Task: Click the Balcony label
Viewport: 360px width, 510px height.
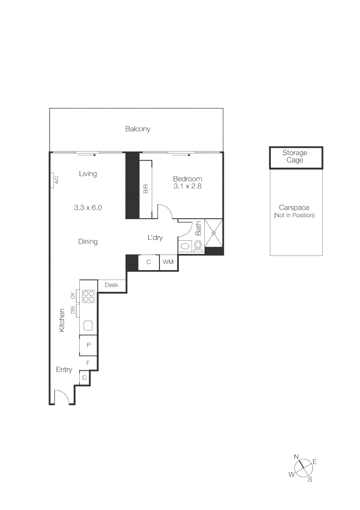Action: pyautogui.click(x=137, y=129)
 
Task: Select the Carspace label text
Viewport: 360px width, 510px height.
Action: pyautogui.click(x=294, y=208)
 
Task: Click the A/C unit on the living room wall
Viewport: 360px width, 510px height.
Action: pyautogui.click(x=52, y=180)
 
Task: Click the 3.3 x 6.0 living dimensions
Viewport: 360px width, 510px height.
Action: pyautogui.click(x=88, y=207)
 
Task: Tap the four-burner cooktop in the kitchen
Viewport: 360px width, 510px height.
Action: pyautogui.click(x=89, y=297)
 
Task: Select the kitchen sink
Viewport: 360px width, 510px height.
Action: pyautogui.click(x=88, y=325)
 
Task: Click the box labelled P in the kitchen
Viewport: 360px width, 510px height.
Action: pyautogui.click(x=88, y=346)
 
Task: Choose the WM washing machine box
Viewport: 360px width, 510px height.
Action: pyautogui.click(x=168, y=262)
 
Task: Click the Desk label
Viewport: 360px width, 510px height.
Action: pyautogui.click(x=111, y=285)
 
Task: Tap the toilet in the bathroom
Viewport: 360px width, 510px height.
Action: pyautogui.click(x=198, y=246)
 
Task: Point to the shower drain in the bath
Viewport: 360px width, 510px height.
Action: pyautogui.click(x=213, y=233)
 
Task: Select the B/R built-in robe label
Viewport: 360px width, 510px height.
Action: pyautogui.click(x=146, y=189)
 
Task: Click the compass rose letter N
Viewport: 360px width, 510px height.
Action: pyautogui.click(x=296, y=457)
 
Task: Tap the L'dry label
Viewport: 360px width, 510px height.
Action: pyautogui.click(x=155, y=238)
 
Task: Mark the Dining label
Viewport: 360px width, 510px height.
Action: pyautogui.click(x=88, y=242)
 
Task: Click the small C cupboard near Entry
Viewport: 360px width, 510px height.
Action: pyautogui.click(x=84, y=378)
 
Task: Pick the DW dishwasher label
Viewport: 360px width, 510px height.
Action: pyautogui.click(x=73, y=310)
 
